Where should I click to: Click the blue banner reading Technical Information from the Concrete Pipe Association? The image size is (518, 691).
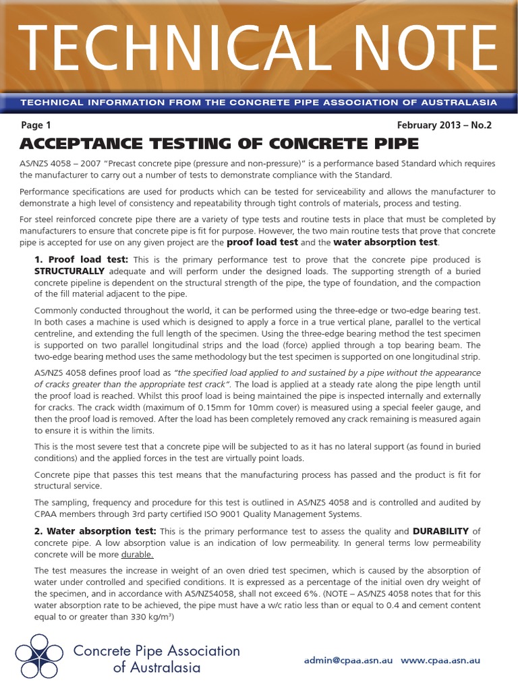click(x=259, y=103)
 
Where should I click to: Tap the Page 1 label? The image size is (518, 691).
click(x=36, y=125)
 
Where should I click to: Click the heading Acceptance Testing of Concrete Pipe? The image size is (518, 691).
click(x=220, y=144)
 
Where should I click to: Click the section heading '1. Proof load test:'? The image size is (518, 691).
click(x=81, y=259)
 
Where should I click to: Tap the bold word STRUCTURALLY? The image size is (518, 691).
click(x=67, y=271)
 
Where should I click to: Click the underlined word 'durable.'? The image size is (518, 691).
click(x=138, y=555)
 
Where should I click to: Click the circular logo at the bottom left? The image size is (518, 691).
click(x=40, y=658)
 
